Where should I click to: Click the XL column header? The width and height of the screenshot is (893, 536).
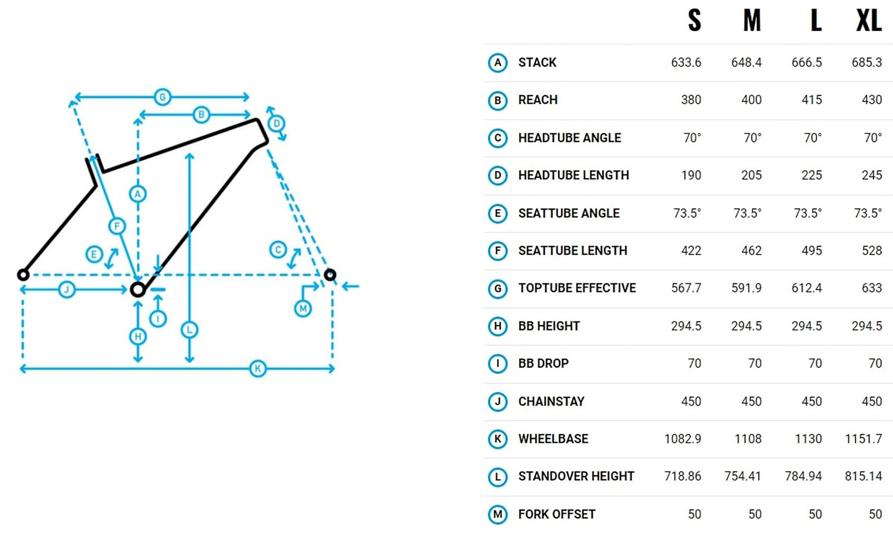pyautogui.click(x=869, y=21)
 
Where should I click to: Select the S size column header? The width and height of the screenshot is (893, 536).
pyautogui.click(x=695, y=21)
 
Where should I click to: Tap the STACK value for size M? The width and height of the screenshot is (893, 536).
pyautogui.click(x=746, y=63)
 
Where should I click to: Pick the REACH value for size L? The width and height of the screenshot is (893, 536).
pyautogui.click(x=812, y=100)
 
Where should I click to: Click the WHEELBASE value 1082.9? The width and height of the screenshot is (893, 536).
pyautogui.click(x=683, y=439)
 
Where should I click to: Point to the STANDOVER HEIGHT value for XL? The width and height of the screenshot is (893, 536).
pyautogui.click(x=863, y=476)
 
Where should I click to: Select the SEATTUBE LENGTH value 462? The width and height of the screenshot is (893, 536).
pyautogui.click(x=751, y=251)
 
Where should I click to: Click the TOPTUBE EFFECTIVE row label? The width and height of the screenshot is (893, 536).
pyautogui.click(x=577, y=288)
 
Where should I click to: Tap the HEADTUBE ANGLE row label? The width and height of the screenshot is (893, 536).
pyautogui.click(x=570, y=138)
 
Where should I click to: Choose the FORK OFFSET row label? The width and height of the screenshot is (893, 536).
pyautogui.click(x=557, y=514)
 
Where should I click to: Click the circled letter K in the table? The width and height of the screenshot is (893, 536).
pyautogui.click(x=498, y=439)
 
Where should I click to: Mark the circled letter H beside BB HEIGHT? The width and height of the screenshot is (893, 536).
pyautogui.click(x=498, y=326)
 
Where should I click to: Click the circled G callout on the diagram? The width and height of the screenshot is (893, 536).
pyautogui.click(x=162, y=97)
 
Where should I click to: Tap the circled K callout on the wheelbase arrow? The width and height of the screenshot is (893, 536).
pyautogui.click(x=257, y=369)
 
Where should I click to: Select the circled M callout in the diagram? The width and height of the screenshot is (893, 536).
pyautogui.click(x=303, y=309)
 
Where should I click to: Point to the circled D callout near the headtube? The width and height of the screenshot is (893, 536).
pyautogui.click(x=276, y=123)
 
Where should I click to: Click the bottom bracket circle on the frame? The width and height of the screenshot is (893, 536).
pyautogui.click(x=137, y=289)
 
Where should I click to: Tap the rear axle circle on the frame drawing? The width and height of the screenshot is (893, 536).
pyautogui.click(x=23, y=274)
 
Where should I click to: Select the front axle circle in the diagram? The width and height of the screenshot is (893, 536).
pyautogui.click(x=330, y=274)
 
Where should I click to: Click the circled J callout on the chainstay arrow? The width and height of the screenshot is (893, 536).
pyautogui.click(x=66, y=289)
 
